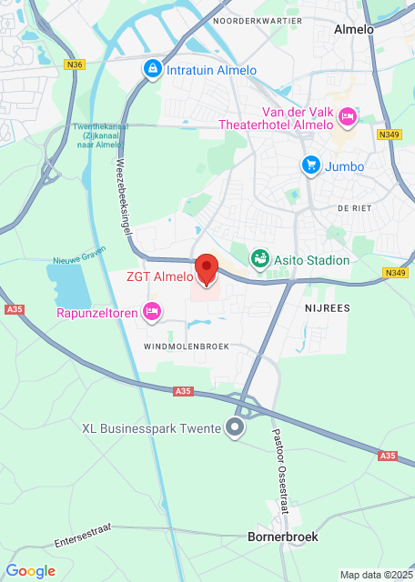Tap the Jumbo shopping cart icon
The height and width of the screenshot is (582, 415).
[311, 166]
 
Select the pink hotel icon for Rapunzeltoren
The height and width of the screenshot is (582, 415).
[153, 312]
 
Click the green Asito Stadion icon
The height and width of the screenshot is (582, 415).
[260, 259]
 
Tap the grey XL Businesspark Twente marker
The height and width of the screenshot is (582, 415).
[237, 427]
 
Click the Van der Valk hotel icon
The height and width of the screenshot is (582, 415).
[347, 117]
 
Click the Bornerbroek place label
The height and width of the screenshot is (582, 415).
[283, 537]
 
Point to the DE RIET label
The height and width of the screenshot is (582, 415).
[355, 208]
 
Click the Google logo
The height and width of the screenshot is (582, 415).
[30, 571]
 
